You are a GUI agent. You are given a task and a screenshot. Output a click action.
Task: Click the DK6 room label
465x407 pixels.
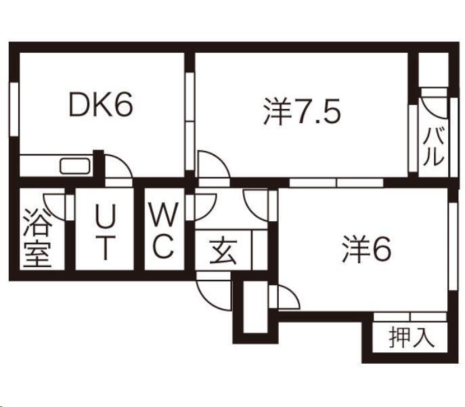101,105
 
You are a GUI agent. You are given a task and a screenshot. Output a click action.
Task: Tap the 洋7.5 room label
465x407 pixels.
302,112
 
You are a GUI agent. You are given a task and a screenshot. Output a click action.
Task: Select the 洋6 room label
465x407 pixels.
367,249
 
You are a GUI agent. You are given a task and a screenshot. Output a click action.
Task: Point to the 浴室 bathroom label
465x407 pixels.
37,238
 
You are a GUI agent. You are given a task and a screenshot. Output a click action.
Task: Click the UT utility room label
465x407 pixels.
106,231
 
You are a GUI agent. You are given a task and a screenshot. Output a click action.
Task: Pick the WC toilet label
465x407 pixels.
163,230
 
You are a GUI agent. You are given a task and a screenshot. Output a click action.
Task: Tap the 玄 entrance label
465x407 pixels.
223,252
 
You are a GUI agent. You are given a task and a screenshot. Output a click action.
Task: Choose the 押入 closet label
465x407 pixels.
412,337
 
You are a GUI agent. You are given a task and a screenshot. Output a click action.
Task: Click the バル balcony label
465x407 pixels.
434,146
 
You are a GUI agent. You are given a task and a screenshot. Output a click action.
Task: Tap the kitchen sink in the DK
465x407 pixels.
75,166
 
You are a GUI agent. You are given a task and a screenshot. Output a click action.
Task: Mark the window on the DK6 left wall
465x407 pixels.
14,110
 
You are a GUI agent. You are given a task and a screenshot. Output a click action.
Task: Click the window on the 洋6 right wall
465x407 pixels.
453,247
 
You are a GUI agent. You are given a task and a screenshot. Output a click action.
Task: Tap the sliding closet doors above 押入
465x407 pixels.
410,316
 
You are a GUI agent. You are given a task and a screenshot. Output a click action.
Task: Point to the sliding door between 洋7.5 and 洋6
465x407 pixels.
336,183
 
